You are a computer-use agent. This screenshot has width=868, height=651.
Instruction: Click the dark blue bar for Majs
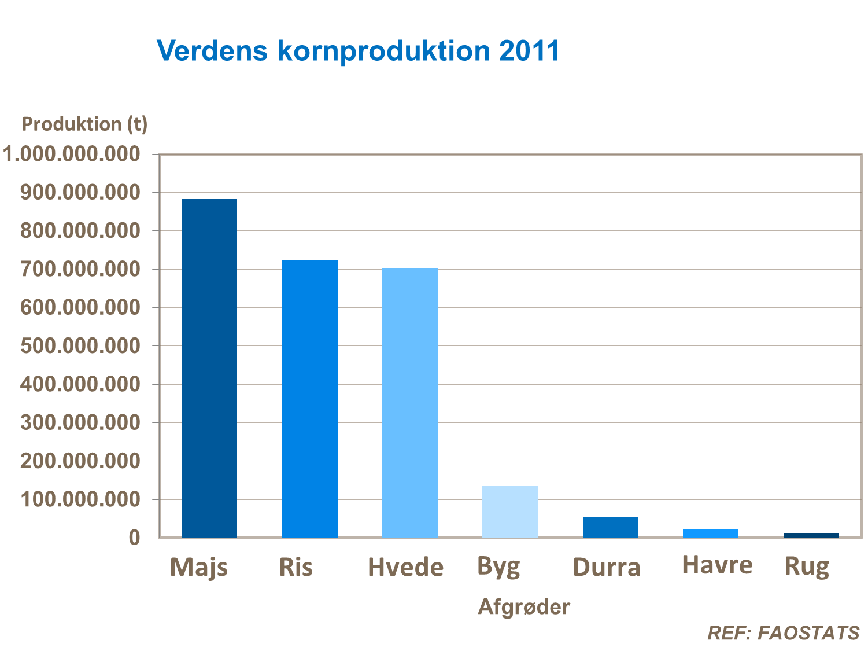[x=209, y=368]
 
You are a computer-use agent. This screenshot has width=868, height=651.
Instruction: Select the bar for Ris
[x=309, y=399]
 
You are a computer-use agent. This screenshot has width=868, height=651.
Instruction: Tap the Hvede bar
[x=410, y=403]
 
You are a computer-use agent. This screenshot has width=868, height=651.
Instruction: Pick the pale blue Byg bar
[x=510, y=512]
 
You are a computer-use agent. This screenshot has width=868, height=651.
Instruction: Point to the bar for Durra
[x=611, y=527]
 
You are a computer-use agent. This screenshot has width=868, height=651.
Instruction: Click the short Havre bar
[x=711, y=533]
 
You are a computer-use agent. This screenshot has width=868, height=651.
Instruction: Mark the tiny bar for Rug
[x=811, y=535]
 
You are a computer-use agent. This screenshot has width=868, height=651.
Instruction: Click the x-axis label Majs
[x=198, y=568]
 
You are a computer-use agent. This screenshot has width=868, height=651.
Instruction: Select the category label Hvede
[x=405, y=568]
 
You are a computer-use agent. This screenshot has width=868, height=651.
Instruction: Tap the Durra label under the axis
[x=607, y=568]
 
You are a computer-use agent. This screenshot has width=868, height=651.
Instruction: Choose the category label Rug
[x=807, y=567]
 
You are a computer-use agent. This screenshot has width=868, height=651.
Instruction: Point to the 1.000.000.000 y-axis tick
[x=72, y=154]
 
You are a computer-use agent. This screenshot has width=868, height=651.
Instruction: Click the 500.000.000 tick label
[x=80, y=345]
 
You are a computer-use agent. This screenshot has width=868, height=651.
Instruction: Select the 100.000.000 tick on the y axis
[x=80, y=499]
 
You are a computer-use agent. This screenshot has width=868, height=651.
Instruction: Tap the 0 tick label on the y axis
[x=134, y=538]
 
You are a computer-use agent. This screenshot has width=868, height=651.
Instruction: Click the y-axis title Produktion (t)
[x=84, y=124]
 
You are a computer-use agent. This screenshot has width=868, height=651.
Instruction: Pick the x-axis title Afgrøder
[x=524, y=607]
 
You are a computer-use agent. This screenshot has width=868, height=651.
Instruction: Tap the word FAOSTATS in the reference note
[x=808, y=633]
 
